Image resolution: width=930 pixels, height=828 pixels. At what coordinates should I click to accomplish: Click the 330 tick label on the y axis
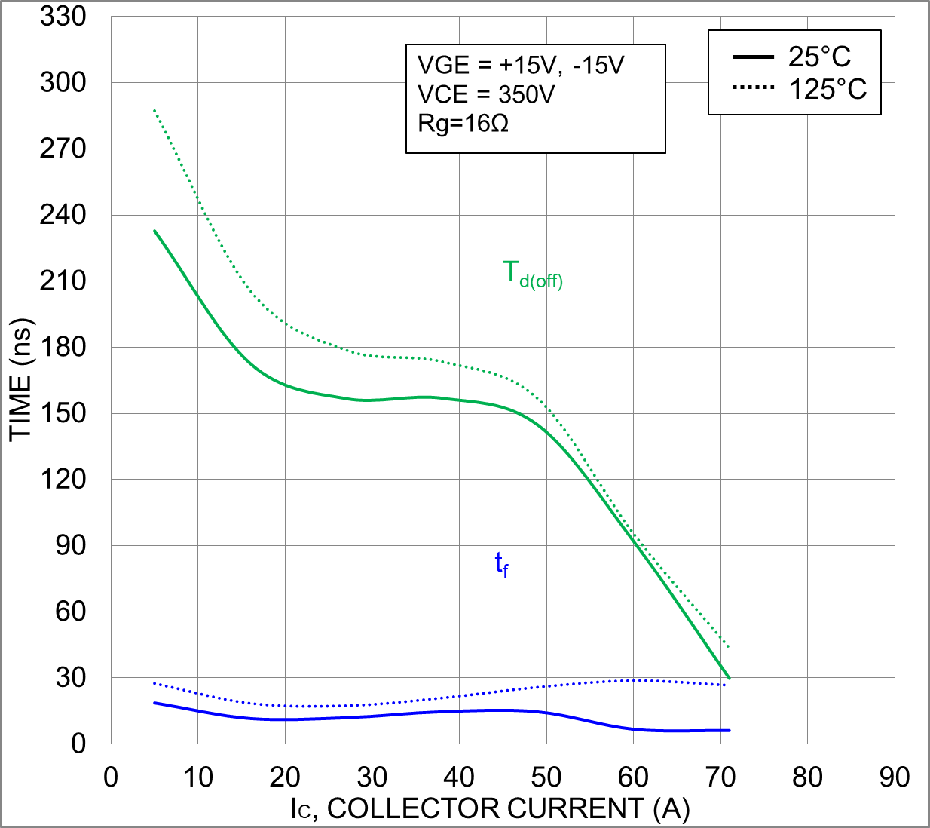click(x=63, y=17)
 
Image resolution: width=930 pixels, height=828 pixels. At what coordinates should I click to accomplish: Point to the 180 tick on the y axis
click(x=63, y=347)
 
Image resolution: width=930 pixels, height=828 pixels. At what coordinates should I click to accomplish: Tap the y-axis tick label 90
click(x=71, y=545)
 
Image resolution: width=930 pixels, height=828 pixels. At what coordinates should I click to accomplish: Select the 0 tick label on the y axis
click(x=78, y=744)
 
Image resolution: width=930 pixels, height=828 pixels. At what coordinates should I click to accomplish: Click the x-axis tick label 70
click(x=720, y=777)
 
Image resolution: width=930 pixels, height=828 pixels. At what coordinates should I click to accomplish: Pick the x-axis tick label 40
click(x=459, y=777)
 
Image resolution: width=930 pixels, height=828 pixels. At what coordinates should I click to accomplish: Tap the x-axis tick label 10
click(x=198, y=777)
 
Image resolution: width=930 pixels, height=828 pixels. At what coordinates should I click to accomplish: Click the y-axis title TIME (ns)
click(x=21, y=379)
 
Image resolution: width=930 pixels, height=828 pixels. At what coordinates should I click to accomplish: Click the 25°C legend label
click(x=819, y=57)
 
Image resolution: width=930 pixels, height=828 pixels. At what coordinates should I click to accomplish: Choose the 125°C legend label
click(x=828, y=90)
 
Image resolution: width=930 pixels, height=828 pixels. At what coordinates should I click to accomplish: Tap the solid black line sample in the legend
click(x=753, y=57)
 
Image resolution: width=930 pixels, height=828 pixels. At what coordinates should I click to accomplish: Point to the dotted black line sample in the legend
click(x=753, y=88)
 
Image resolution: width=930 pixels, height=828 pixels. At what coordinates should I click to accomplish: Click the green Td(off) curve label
click(x=532, y=274)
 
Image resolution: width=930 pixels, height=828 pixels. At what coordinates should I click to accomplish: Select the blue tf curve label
click(x=501, y=564)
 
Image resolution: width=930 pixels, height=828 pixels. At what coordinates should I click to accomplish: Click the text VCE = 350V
click(x=486, y=94)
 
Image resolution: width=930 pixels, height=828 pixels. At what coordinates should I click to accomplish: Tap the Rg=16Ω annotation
click(x=463, y=123)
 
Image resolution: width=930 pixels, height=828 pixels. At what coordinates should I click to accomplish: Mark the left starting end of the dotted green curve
click(x=154, y=111)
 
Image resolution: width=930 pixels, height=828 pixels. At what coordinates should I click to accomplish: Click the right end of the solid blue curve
click(x=729, y=730)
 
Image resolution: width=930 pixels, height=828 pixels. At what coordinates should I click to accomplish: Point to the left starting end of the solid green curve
click(x=154, y=231)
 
